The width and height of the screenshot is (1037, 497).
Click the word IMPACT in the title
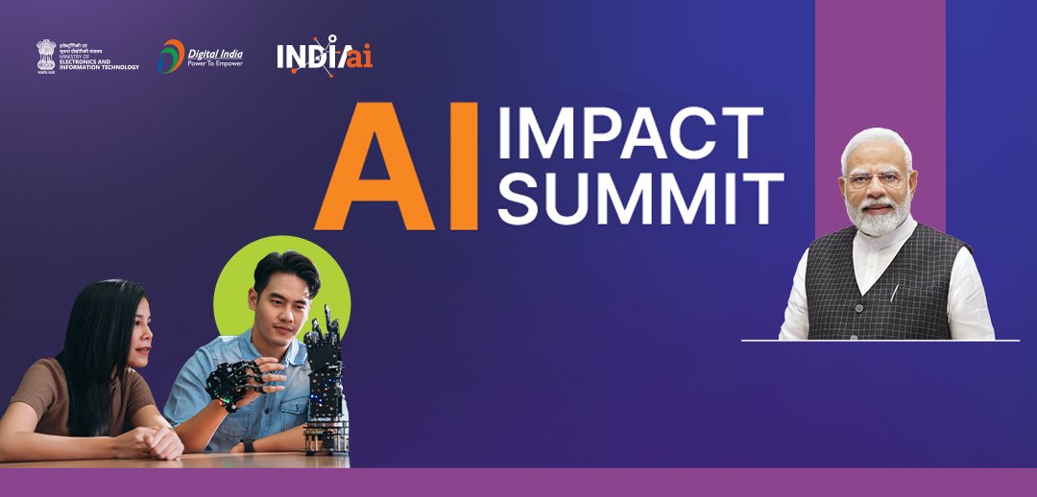(x=630, y=133)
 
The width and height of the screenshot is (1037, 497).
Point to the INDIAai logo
(x=324, y=56)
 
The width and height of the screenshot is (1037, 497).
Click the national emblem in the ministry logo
(x=46, y=56)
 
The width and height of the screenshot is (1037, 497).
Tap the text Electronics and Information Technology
(x=99, y=63)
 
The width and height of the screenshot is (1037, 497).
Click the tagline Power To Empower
(x=215, y=63)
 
